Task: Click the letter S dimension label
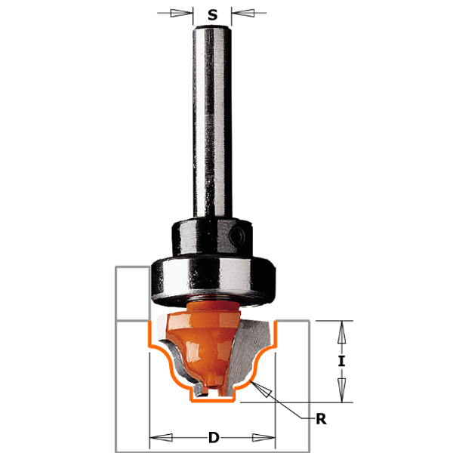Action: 212,14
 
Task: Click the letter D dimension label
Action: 214,437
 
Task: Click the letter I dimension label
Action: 342,361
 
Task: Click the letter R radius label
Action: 322,419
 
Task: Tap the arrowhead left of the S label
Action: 181,13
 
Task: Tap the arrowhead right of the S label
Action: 243,13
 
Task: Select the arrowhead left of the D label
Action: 162,437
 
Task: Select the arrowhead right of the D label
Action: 263,437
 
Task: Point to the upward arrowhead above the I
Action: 342,332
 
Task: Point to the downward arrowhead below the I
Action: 342,390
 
